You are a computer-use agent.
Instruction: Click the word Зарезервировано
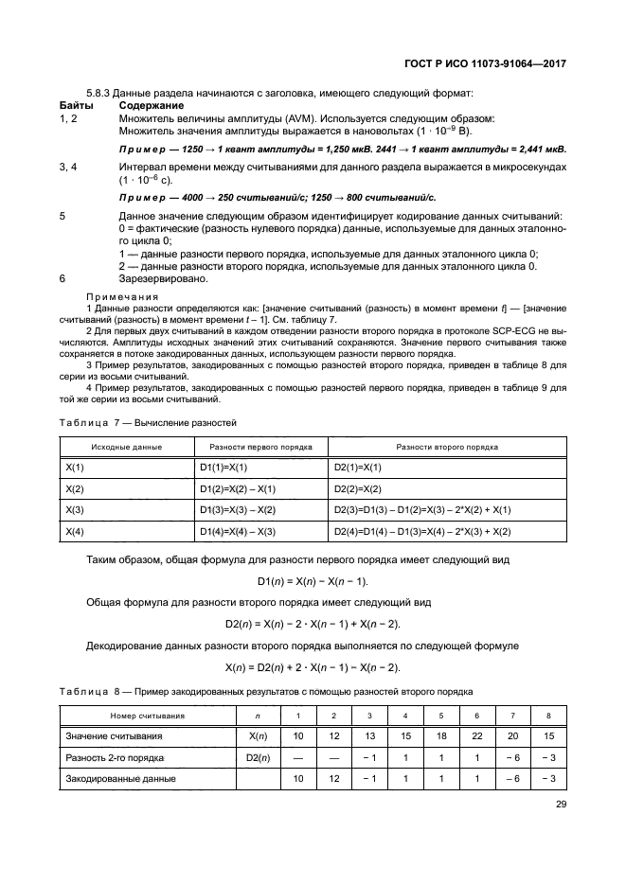[165, 278]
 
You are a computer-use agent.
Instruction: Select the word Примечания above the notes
[122, 297]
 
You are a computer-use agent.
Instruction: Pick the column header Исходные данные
[126, 447]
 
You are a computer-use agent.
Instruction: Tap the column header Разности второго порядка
[447, 447]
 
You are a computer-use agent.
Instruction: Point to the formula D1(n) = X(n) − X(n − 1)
[313, 580]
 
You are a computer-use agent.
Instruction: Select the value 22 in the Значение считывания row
[476, 736]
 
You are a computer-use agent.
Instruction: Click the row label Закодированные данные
[120, 778]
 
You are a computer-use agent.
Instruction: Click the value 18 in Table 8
[440, 736]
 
